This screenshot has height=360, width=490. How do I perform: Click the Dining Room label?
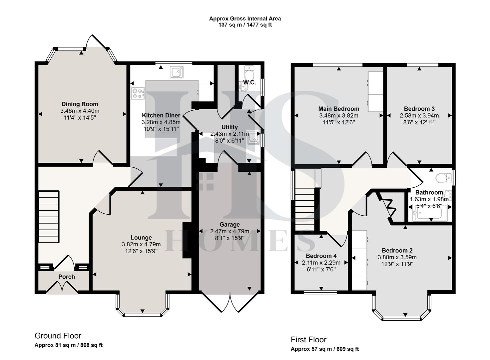(x=80, y=104)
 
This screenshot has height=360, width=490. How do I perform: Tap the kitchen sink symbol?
(x=177, y=72)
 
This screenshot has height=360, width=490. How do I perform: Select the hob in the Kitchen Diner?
(x=138, y=93)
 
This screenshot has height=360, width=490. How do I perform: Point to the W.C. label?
(x=249, y=82)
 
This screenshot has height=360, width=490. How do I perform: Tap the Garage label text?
(x=230, y=224)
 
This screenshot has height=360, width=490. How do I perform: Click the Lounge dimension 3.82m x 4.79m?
(x=141, y=244)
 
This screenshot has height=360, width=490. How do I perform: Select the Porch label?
(x=67, y=277)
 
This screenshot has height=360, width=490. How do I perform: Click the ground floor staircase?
(x=49, y=217)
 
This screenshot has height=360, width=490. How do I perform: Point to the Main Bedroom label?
(x=339, y=109)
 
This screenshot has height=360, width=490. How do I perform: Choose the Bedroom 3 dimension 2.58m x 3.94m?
(x=419, y=116)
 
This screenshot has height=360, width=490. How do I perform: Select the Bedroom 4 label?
(x=321, y=256)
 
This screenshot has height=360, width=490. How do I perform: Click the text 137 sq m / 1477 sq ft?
(x=245, y=25)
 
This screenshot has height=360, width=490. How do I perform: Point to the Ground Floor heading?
(x=58, y=336)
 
